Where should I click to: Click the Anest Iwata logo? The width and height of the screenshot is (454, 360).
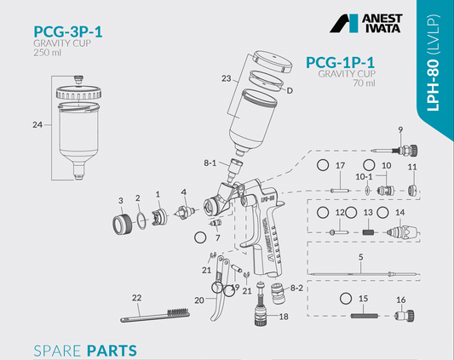tap(366, 23)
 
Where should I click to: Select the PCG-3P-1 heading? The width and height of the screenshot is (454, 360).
tap(68, 31)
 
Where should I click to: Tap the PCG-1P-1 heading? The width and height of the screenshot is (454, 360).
tap(340, 62)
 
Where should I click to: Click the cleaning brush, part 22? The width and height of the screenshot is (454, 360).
tap(156, 316)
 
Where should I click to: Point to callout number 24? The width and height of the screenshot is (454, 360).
tap(37, 125)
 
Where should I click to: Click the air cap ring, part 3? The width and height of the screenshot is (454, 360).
tap(123, 224)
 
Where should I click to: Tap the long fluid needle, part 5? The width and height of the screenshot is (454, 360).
tap(364, 273)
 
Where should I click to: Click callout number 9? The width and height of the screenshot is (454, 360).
tap(400, 130)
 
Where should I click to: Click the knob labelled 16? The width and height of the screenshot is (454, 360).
tap(405, 315)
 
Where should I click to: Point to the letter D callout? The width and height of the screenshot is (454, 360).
tap(290, 90)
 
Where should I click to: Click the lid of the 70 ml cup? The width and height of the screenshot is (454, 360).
tap(272, 61)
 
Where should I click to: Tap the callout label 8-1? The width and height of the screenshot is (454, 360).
tap(210, 163)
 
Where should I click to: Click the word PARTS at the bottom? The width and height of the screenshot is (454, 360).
tap(112, 351)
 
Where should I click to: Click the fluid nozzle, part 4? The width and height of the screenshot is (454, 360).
tap(184, 213)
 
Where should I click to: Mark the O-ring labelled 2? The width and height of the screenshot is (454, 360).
tap(141, 220)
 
